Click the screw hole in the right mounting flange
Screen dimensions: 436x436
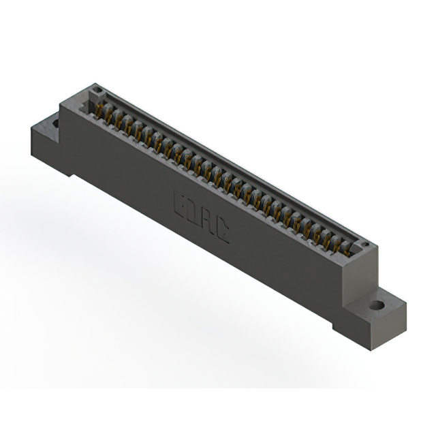pos(377,305)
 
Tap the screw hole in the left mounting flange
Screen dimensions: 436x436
pos(55,123)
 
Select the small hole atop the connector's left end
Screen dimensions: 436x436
pos(97,90)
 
